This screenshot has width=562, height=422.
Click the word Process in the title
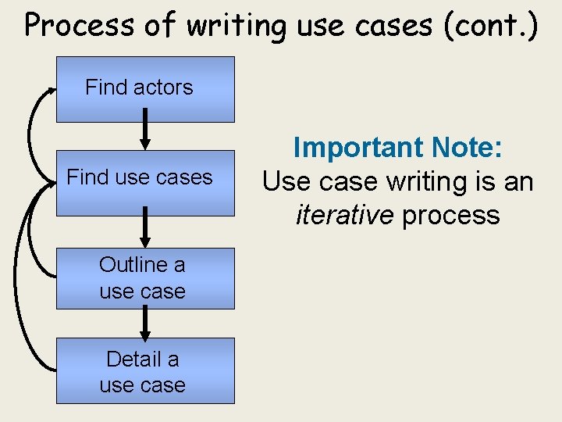pos(79,25)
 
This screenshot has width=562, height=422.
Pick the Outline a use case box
pos(145,277)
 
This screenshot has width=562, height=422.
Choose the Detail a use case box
pos(145,371)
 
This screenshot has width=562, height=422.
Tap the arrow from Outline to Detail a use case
pos(145,322)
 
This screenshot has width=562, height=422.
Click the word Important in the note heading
pos(348,148)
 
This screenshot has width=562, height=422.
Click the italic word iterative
pos(344,215)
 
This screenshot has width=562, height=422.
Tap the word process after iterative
pos(450,215)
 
